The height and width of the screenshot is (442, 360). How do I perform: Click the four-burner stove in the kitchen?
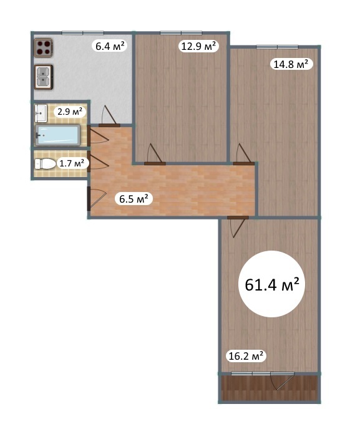(x=44, y=47)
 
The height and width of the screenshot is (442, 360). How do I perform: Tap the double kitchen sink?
(x=44, y=77)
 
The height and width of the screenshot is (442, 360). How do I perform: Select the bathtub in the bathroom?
(x=57, y=135)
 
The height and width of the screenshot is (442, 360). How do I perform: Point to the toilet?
(x=45, y=164)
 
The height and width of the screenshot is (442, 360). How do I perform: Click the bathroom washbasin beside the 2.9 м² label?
(x=41, y=113)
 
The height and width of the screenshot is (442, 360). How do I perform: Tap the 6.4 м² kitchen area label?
(x=110, y=46)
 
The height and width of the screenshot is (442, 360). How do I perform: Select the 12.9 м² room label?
(x=198, y=46)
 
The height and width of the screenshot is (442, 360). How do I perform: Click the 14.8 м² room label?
(x=291, y=64)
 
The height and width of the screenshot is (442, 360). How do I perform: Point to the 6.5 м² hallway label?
(x=134, y=199)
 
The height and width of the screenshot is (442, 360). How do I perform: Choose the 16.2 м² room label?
(x=246, y=356)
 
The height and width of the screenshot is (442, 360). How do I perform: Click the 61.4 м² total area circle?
(x=271, y=284)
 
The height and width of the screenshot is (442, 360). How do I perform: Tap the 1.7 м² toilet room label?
(x=72, y=163)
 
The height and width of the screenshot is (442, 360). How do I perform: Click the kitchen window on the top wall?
(x=82, y=32)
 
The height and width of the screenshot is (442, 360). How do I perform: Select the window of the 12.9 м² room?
(x=181, y=32)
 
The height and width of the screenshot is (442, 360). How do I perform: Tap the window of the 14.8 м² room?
(x=278, y=47)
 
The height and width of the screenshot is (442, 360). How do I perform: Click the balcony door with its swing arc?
(x=282, y=380)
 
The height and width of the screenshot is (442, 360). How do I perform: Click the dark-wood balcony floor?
(x=270, y=388)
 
